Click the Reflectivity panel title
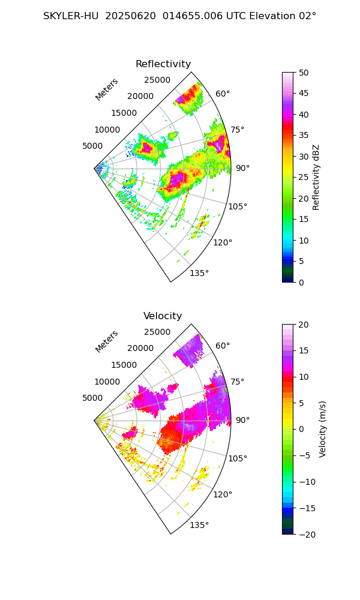click(x=163, y=64)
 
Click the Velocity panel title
click(x=163, y=316)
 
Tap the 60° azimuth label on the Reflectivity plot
click(x=223, y=94)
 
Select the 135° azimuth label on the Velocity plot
click(x=199, y=525)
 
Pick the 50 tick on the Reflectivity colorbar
click(x=304, y=73)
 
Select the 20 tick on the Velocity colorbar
click(x=304, y=325)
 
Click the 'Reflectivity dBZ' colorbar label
click(x=316, y=177)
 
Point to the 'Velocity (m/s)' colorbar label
click(x=323, y=429)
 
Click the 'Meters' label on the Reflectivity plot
click(x=107, y=89)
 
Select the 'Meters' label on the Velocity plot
click(x=107, y=341)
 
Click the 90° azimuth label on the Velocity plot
click(x=242, y=420)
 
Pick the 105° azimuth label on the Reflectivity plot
click(x=238, y=206)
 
